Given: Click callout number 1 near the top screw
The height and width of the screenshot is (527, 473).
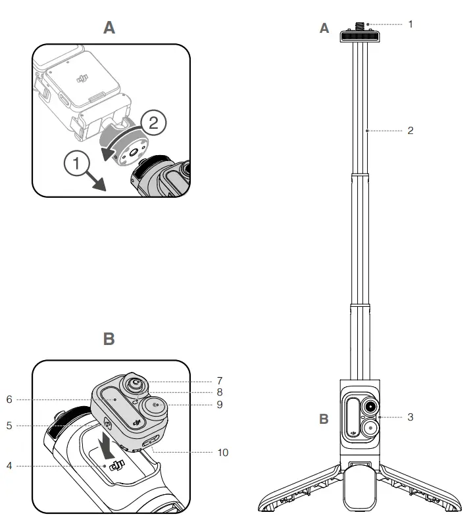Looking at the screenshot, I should pyautogui.click(x=411, y=24).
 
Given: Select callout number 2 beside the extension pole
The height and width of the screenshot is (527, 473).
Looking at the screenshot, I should pyautogui.click(x=411, y=131).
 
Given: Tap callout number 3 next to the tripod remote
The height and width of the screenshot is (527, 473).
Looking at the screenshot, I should pyautogui.click(x=411, y=417).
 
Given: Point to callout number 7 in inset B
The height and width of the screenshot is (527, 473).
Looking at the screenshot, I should pyautogui.click(x=219, y=381).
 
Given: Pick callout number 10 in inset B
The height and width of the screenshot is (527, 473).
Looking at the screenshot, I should pyautogui.click(x=222, y=453).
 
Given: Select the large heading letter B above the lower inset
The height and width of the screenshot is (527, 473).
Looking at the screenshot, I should pyautogui.click(x=109, y=339).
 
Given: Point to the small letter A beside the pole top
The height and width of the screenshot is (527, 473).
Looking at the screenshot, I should pyautogui.click(x=324, y=28).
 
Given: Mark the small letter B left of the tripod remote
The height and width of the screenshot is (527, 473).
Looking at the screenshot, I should pyautogui.click(x=324, y=419).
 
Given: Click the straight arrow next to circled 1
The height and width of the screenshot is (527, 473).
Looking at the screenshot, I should pyautogui.click(x=96, y=180).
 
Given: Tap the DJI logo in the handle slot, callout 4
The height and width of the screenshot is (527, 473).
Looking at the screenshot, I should pyautogui.click(x=117, y=467).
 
